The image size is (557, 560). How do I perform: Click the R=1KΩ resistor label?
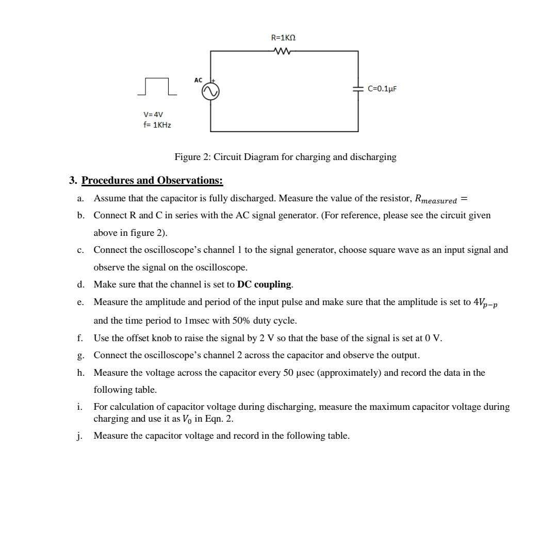[283, 38]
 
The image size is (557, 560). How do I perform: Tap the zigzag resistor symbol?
[283, 51]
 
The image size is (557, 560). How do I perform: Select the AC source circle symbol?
[210, 91]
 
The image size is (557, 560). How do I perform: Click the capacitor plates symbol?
[358, 89]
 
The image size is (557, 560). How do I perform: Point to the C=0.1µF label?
[383, 89]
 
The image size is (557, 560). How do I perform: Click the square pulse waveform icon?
[157, 87]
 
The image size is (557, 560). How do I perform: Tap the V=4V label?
[153, 114]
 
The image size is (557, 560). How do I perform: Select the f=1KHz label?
[157, 125]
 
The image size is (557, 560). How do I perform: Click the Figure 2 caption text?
[285, 157]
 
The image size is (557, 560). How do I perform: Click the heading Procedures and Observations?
[152, 180]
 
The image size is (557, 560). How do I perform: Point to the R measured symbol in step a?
[436, 199]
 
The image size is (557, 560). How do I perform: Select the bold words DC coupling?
[264, 284]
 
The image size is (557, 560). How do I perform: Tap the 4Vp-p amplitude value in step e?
[485, 303]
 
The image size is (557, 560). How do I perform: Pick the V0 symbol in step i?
[187, 419]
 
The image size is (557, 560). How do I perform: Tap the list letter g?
[80, 356]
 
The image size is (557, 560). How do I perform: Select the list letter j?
[80, 436]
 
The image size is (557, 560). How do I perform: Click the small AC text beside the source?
[199, 80]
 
